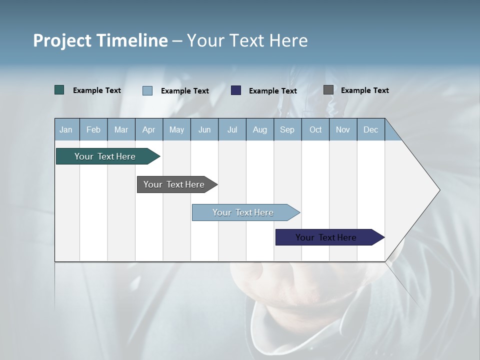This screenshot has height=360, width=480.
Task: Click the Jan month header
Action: (x=66, y=129)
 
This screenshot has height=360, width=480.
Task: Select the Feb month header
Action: (x=93, y=129)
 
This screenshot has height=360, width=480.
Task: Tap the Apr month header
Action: (x=148, y=129)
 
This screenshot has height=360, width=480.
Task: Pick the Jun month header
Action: (x=204, y=129)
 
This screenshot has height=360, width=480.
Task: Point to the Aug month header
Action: (x=260, y=129)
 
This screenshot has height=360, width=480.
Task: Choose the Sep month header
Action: (x=287, y=129)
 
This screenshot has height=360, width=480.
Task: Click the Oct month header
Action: (x=315, y=129)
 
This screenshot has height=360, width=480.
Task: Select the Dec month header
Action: (x=370, y=129)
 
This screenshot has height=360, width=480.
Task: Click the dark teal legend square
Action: (x=59, y=90)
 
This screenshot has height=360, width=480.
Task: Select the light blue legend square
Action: (x=147, y=90)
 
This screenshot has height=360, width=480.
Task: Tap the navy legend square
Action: (x=236, y=90)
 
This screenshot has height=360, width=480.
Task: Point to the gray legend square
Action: (x=328, y=90)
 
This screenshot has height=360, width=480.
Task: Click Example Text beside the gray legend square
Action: (x=364, y=90)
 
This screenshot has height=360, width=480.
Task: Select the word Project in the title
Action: (x=62, y=40)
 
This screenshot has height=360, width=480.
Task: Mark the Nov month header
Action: (x=343, y=129)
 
